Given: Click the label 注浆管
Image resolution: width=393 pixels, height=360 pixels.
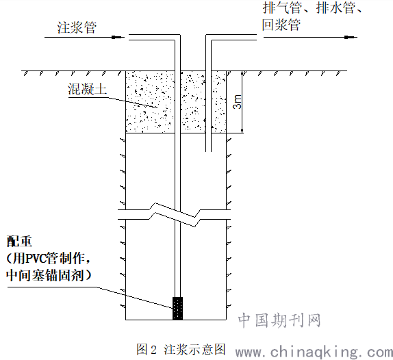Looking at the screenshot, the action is [77, 27].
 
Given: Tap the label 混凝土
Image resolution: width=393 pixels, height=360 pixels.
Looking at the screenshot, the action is [87, 89].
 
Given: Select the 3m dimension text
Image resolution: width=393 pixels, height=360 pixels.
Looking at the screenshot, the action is [237, 102].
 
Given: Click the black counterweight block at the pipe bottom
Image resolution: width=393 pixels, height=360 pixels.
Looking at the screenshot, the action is [178, 309].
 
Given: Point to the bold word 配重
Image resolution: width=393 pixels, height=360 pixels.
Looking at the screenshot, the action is [19, 242].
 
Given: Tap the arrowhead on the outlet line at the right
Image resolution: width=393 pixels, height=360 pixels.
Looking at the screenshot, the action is [351, 38].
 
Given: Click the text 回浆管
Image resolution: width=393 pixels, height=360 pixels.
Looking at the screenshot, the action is [281, 25].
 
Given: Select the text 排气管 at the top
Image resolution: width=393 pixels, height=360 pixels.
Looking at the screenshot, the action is [281, 8].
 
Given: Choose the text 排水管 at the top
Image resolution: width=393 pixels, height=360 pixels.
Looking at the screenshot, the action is [335, 8].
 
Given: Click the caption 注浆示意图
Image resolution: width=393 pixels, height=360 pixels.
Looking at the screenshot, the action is [194, 349].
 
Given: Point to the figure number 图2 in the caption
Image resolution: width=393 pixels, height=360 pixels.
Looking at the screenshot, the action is [147, 349].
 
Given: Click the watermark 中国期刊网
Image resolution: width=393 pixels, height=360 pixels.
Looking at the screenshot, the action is [279, 320].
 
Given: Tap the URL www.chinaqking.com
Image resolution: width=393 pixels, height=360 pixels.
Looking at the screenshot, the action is [314, 352].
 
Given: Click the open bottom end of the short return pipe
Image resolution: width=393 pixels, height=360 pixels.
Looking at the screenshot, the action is [209, 151].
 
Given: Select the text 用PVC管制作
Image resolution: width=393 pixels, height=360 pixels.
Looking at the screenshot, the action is [49, 258].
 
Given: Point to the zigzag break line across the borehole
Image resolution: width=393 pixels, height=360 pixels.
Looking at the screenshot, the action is [175, 215].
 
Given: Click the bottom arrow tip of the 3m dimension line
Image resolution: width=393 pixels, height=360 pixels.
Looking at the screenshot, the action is [242, 133].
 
